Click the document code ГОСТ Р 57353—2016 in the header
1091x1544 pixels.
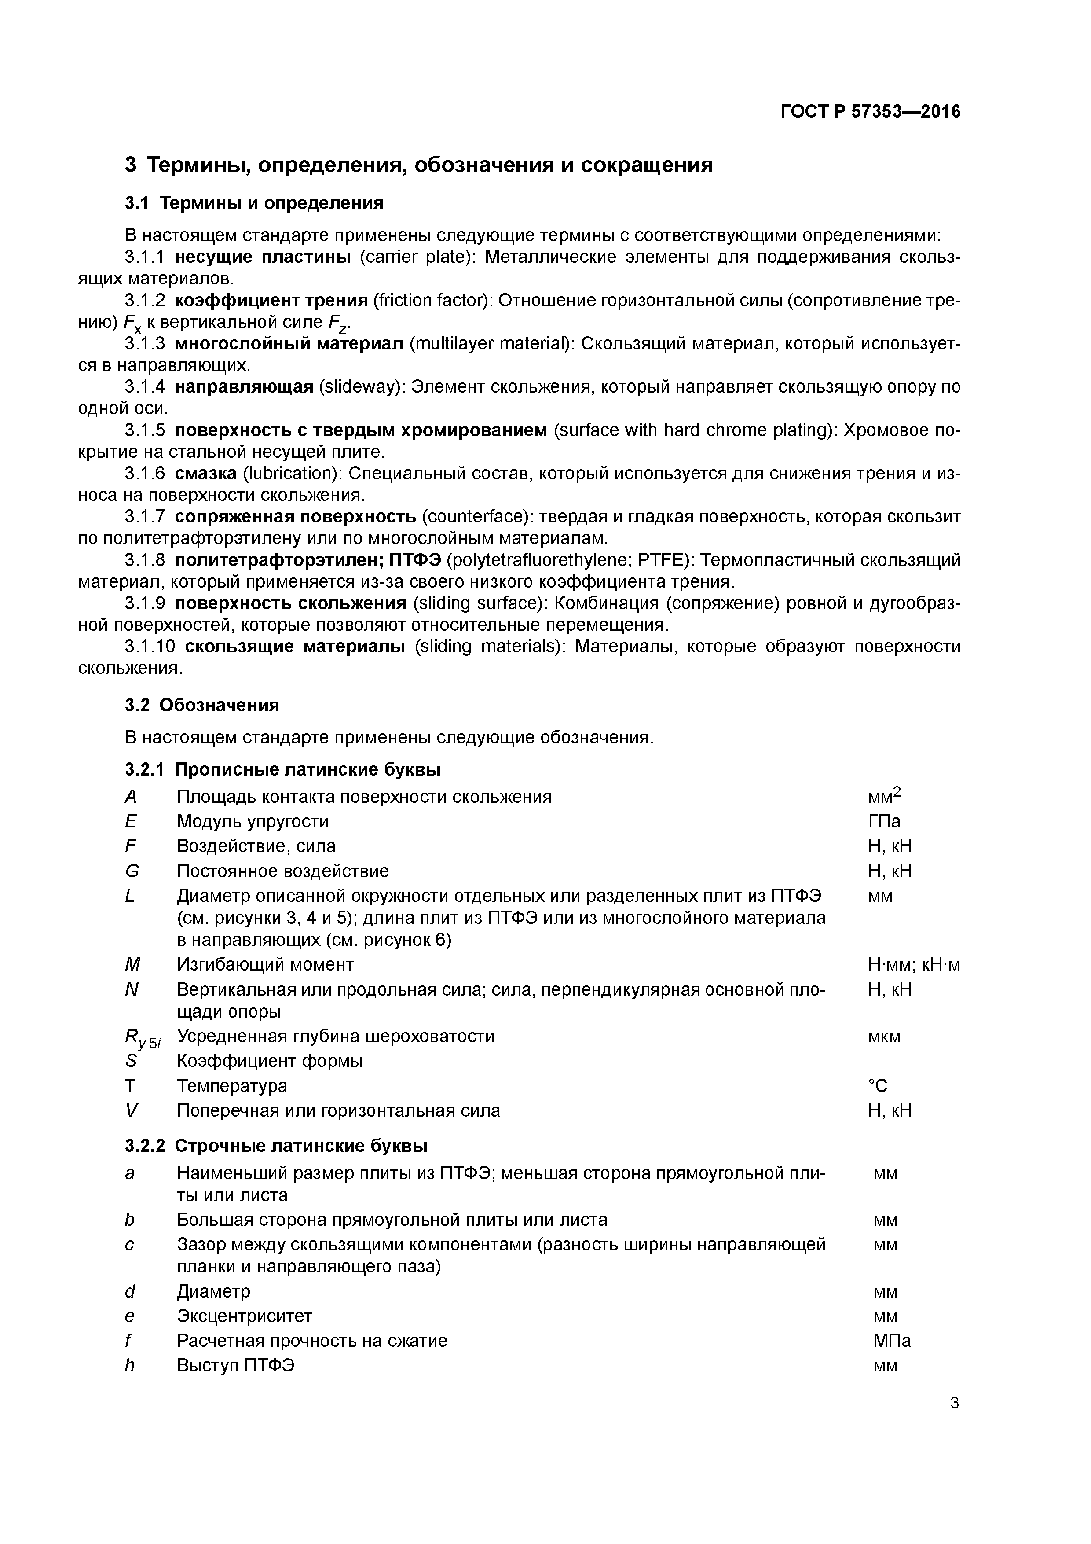[x=871, y=112]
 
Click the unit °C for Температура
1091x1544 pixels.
[x=878, y=1085]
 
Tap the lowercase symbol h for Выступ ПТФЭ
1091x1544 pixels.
[x=130, y=1365]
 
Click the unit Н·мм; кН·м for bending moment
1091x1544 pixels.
[x=914, y=965]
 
